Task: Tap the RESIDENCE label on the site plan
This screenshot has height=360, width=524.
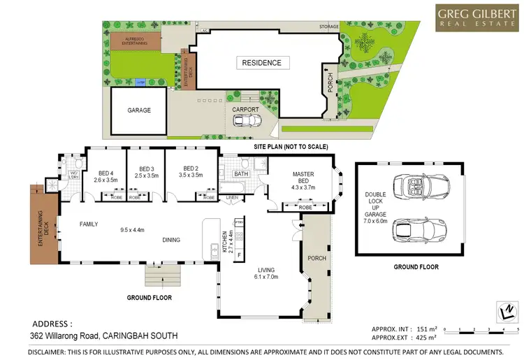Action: (261, 63)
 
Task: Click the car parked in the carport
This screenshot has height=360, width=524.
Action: (245, 120)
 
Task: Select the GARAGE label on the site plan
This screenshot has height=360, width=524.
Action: (138, 110)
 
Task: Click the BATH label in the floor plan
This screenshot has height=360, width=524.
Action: (241, 173)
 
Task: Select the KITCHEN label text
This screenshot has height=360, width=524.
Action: (225, 241)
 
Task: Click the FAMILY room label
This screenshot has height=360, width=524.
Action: (88, 224)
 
